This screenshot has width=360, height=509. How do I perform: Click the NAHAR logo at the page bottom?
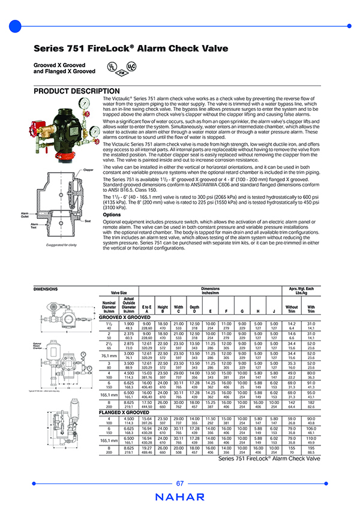pyautogui.click(x=179, y=497)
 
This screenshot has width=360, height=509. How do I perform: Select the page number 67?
pyautogui.click(x=180, y=483)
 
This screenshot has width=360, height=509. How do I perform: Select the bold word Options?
pyautogui.click(x=112, y=214)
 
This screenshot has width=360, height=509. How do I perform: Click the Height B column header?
pyautogui.click(x=163, y=309)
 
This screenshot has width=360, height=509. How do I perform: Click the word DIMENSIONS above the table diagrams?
pyautogui.click(x=46, y=289)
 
